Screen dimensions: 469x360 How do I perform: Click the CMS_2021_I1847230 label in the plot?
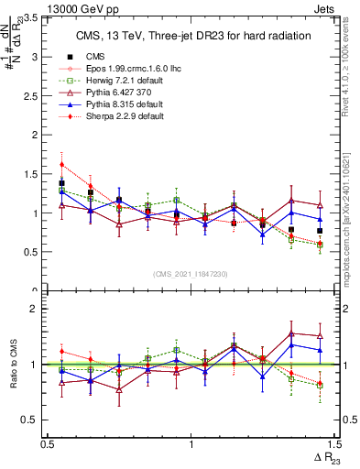pos(190,274)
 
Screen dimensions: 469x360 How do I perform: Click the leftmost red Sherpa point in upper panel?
pos(61,165)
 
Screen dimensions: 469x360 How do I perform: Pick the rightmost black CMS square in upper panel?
pos(320,231)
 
